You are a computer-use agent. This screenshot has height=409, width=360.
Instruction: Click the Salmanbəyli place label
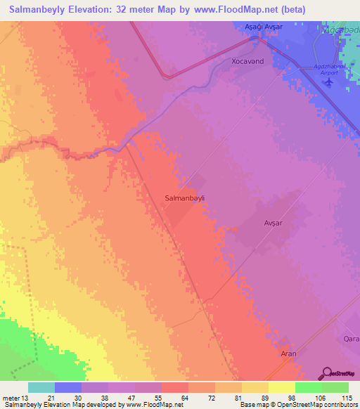click(x=184, y=198)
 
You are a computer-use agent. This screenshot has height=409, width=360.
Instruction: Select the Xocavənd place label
click(x=247, y=62)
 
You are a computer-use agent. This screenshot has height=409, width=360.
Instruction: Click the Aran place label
click(x=289, y=353)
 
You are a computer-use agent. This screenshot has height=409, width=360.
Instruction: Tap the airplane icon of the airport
click(x=328, y=82)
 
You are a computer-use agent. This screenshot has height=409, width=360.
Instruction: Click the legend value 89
click(x=268, y=398)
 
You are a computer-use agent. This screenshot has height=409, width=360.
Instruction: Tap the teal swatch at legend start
click(x=41, y=387)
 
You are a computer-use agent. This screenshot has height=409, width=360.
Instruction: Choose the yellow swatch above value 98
click(x=281, y=387)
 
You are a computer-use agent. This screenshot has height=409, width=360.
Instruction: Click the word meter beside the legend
click(x=10, y=398)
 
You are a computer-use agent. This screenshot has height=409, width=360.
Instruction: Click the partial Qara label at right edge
click(x=351, y=338)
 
